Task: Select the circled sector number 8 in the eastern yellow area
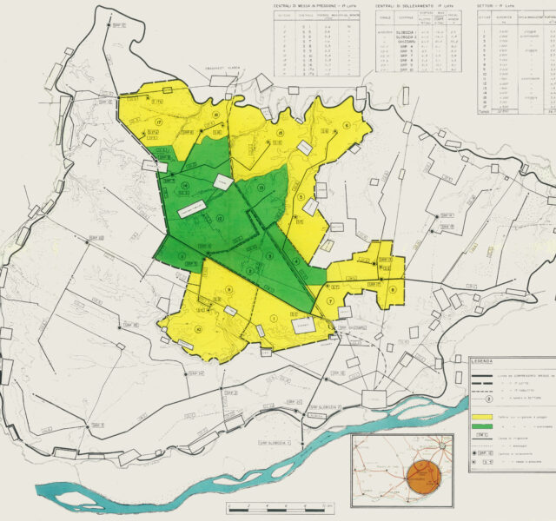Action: [x=393, y=289]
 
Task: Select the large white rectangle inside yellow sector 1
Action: [x=303, y=325]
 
